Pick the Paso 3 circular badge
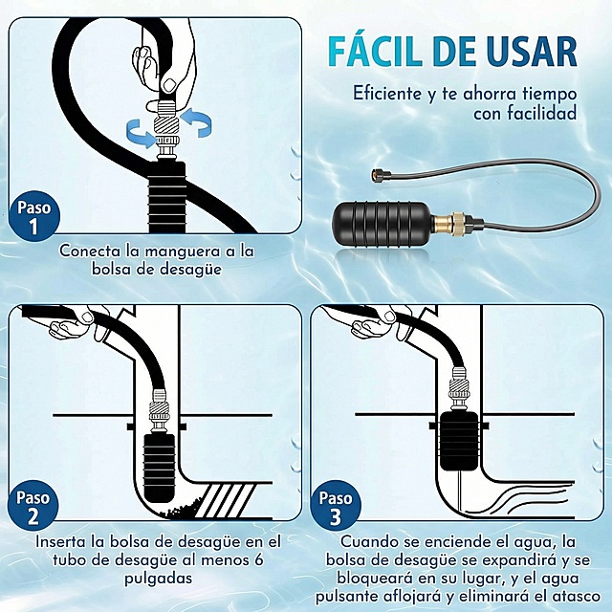point(336,509)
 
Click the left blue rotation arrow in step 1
point(138,135)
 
